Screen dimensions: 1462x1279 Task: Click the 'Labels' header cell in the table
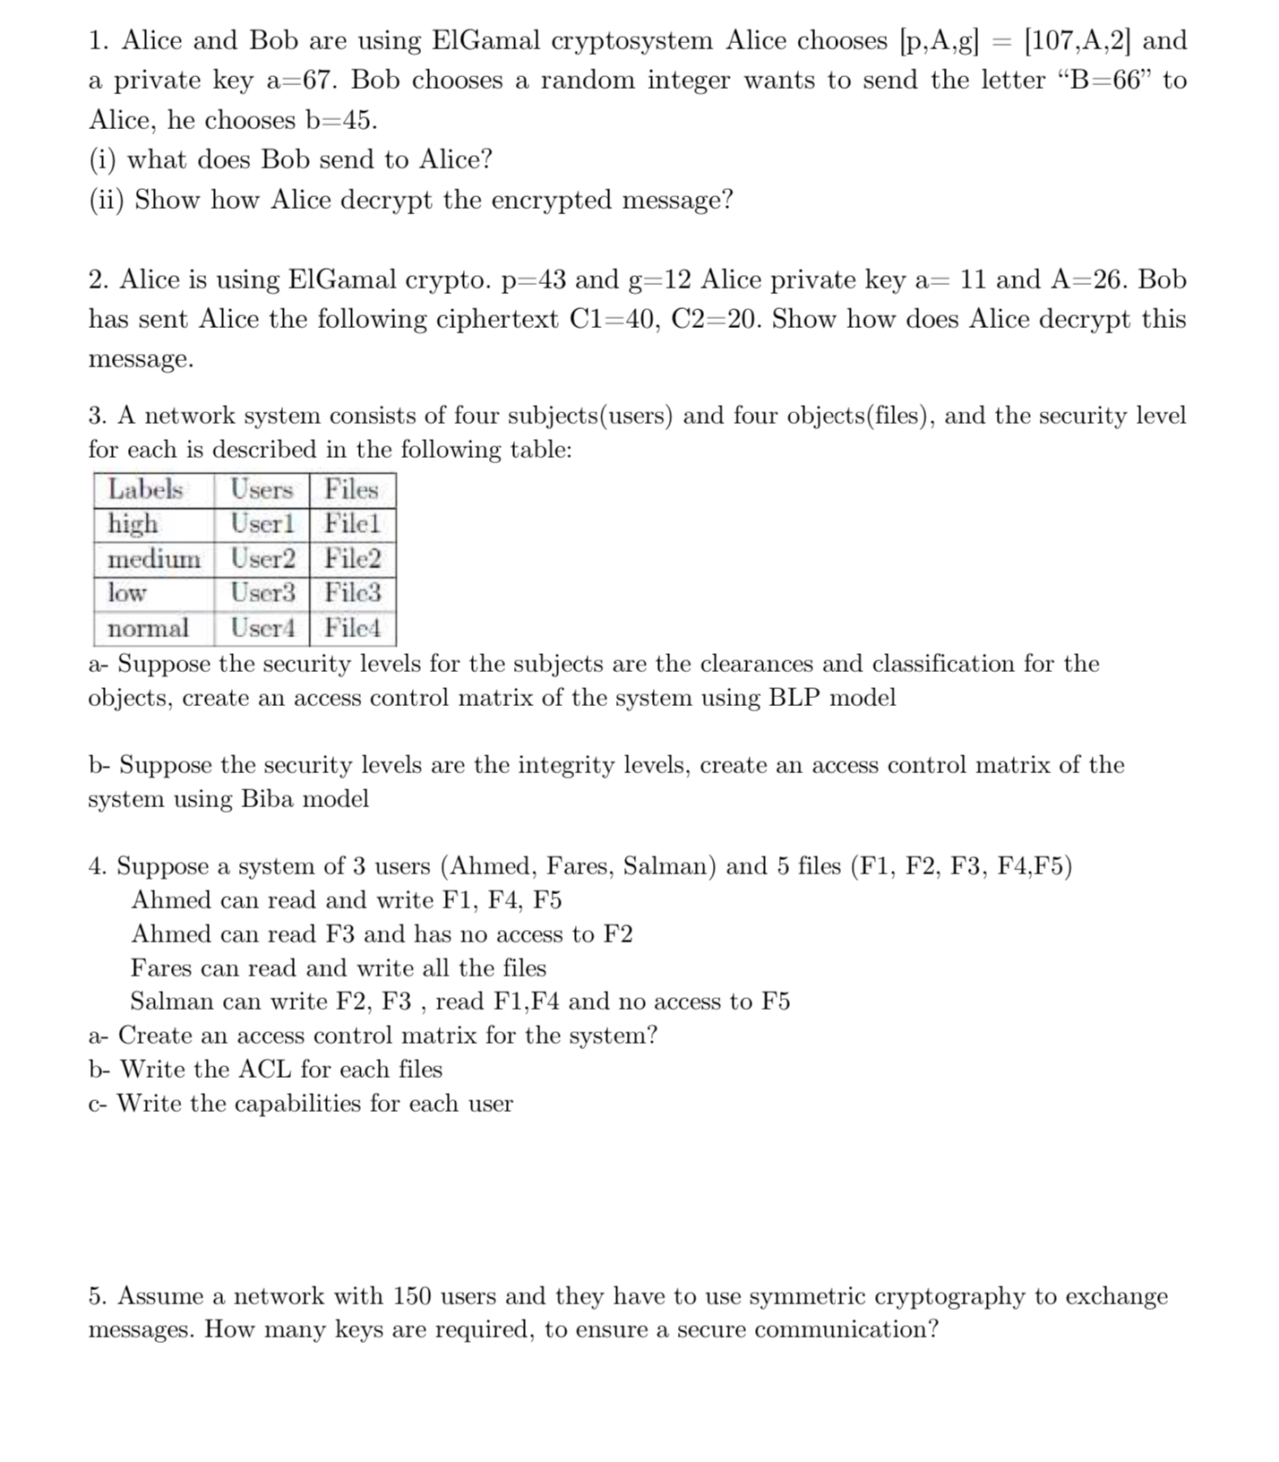[145, 489]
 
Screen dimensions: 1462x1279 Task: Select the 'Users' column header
[262, 489]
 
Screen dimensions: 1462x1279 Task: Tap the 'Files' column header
[351, 489]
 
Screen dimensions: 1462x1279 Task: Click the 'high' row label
[133, 523]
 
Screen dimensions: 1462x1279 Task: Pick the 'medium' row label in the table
[154, 559]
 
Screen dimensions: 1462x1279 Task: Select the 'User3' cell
[262, 592]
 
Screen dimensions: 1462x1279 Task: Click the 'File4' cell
[352, 628]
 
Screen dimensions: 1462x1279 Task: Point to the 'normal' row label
[148, 628]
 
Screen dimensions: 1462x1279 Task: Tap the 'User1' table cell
[262, 523]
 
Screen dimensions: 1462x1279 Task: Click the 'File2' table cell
[352, 559]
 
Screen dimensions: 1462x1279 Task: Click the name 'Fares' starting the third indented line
[161, 968]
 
